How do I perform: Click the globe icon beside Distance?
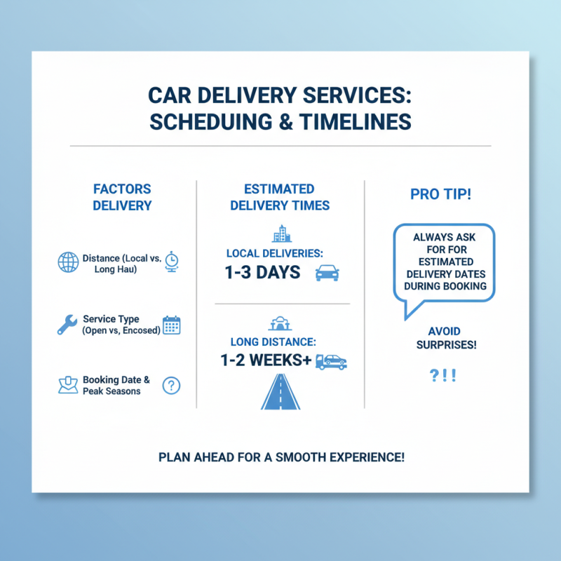(x=69, y=263)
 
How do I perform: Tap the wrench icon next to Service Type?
(x=67, y=324)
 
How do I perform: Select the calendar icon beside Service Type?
(x=171, y=324)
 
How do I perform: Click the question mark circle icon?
(x=171, y=385)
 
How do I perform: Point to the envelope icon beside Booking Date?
(x=67, y=385)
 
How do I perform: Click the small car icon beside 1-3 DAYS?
(x=327, y=273)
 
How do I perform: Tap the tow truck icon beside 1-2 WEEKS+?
(x=330, y=362)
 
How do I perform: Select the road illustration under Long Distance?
(x=280, y=393)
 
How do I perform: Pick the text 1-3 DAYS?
(x=263, y=273)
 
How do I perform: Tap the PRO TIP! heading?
(x=441, y=194)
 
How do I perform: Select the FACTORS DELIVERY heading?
(x=122, y=197)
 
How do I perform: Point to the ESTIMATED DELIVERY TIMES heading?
(x=280, y=197)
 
